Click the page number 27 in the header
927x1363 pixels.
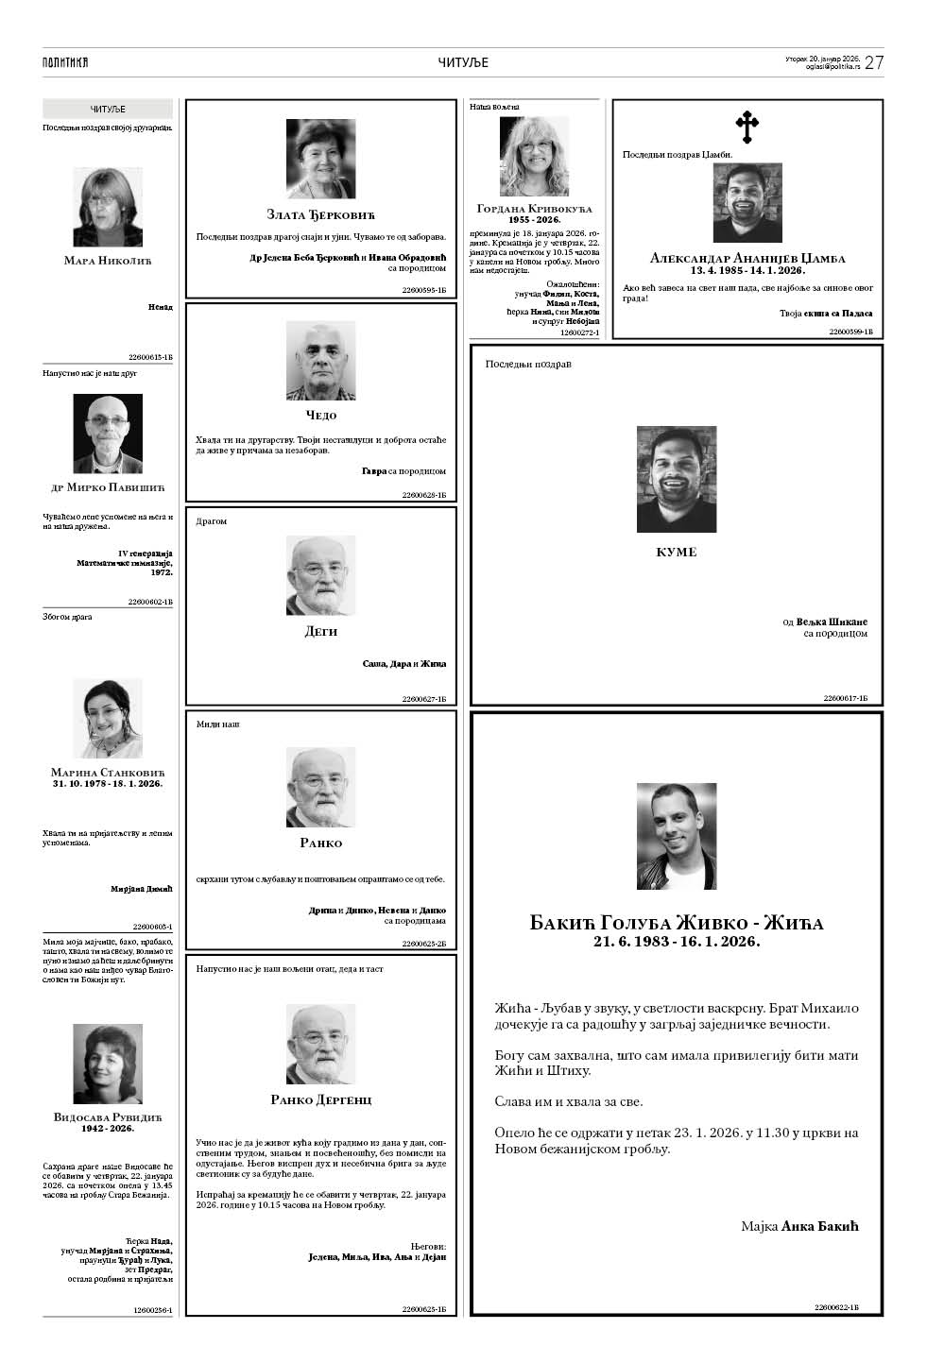tap(874, 62)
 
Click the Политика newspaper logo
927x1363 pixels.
tap(65, 62)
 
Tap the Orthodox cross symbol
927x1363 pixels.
tap(747, 127)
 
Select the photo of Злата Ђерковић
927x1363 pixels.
tap(320, 159)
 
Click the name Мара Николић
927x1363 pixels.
tap(108, 261)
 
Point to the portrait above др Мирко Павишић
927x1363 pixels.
tap(108, 434)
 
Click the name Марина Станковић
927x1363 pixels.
tap(108, 773)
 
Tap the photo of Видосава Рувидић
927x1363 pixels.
tap(108, 1064)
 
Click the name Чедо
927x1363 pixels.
tap(320, 416)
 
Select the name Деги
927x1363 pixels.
tap(320, 632)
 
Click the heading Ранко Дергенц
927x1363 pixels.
tap(320, 1099)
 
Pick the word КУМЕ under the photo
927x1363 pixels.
tap(676, 552)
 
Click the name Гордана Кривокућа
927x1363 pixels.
tap(534, 208)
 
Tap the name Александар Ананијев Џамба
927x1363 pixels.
tap(747, 258)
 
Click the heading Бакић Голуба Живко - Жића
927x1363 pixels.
tap(676, 923)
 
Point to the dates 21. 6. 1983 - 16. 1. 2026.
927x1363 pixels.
tap(676, 942)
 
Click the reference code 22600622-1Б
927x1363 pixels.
tap(835, 1307)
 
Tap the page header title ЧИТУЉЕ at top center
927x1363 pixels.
tap(463, 62)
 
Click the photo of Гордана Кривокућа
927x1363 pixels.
tap(534, 156)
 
